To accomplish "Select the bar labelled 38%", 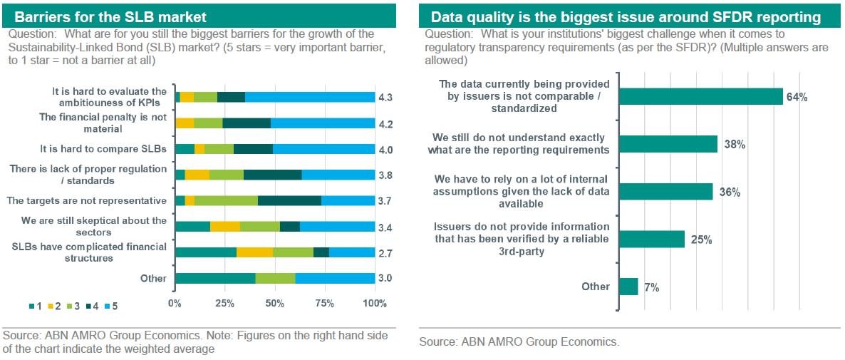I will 668,144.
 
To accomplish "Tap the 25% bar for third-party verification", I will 652,239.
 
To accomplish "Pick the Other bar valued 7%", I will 629,287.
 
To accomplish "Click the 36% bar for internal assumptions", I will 666,192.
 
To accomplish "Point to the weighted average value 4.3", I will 385,97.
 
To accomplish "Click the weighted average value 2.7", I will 385,253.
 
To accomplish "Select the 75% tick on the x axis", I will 324,304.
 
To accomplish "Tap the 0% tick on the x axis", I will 175,304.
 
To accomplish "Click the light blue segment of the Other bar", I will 335,278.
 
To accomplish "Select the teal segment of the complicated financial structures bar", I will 205,252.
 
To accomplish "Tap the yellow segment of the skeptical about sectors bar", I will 225,227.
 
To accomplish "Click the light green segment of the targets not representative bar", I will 226,200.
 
